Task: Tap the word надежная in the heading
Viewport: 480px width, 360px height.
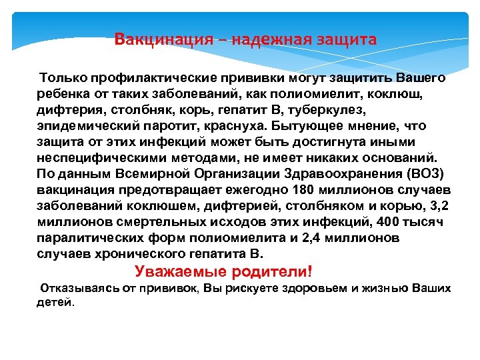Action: click(266, 39)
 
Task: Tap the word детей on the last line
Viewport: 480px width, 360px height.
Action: click(55, 302)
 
